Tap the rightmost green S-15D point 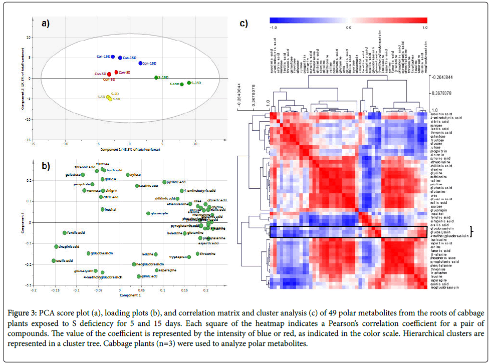click(x=189, y=83)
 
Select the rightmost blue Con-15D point click(x=140, y=63)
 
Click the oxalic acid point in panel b click(x=54, y=261)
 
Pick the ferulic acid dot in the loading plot click(x=64, y=233)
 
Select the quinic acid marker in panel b click(x=139, y=276)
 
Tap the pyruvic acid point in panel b click(x=164, y=182)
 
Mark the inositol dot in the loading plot click(x=102, y=209)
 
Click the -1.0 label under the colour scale click(x=274, y=28)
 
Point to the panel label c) click(x=244, y=23)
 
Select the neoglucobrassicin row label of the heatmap click(x=445, y=288)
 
